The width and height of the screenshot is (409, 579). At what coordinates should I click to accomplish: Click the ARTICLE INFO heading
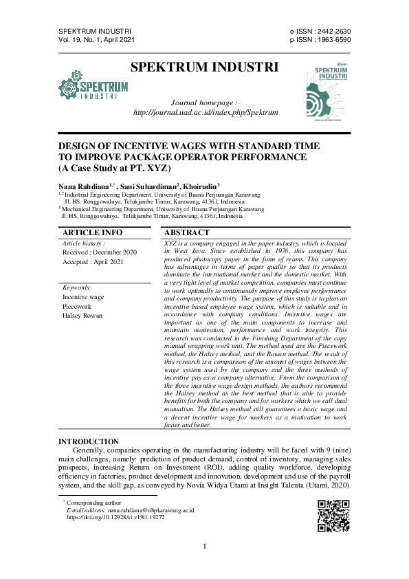click(92, 233)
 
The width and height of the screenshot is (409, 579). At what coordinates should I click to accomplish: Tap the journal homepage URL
click(206, 112)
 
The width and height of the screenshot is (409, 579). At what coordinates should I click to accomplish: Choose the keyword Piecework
click(78, 307)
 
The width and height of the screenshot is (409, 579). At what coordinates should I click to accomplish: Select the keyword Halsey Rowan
click(82, 316)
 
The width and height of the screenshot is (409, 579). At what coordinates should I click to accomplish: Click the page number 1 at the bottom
click(205, 547)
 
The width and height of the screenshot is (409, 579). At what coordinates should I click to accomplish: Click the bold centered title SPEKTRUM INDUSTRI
click(204, 67)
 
